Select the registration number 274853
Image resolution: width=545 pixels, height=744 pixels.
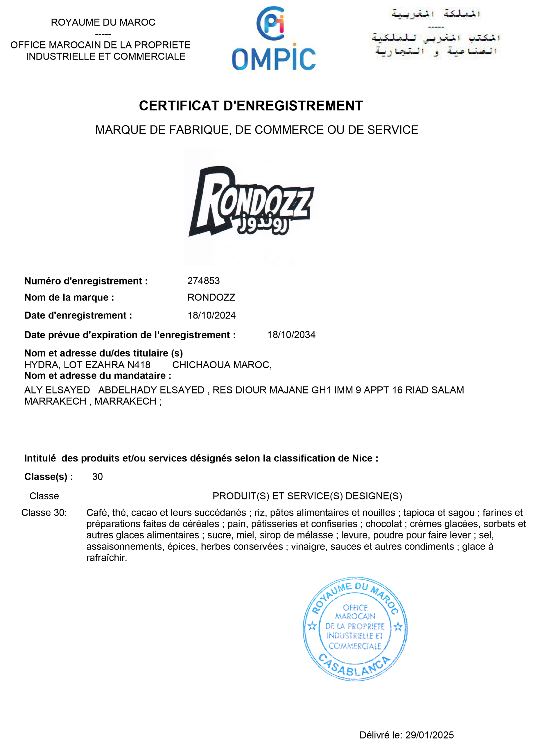click(203, 281)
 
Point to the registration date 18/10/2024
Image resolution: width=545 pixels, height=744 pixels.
click(211, 315)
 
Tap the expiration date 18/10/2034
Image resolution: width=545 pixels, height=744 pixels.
click(291, 335)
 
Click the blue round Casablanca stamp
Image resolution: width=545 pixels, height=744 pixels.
click(355, 629)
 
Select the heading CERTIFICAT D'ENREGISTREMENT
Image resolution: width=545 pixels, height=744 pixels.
click(251, 106)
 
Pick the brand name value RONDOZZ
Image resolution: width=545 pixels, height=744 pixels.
click(211, 298)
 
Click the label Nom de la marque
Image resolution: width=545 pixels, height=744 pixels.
click(69, 298)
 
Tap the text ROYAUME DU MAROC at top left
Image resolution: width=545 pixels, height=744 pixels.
click(103, 22)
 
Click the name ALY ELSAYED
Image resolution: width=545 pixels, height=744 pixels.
click(57, 390)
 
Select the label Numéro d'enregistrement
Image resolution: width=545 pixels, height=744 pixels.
click(86, 281)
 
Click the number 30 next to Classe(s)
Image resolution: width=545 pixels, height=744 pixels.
click(97, 477)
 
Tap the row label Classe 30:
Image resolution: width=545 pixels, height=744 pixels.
click(44, 513)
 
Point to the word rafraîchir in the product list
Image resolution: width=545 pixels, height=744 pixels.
click(106, 558)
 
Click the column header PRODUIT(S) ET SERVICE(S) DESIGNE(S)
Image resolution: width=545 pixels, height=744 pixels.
click(307, 496)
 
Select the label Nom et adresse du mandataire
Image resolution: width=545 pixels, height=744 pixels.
click(98, 376)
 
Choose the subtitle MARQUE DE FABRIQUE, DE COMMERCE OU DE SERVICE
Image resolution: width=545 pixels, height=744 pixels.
click(256, 130)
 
